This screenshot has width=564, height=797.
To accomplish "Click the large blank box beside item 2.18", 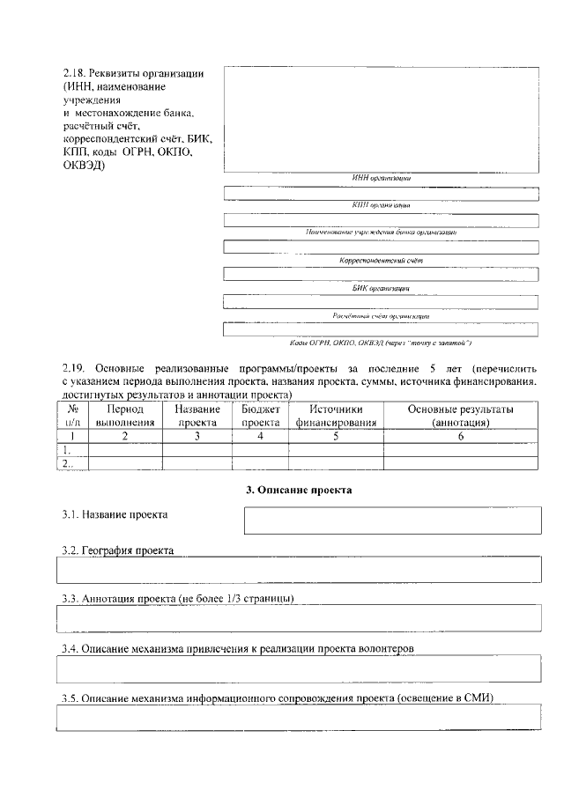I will (x=381, y=119).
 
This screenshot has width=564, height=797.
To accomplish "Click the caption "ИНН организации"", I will (x=381, y=178).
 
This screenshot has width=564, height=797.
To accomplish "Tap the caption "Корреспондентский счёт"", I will (x=382, y=262).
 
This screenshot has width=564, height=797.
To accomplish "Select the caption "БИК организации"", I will (x=381, y=288).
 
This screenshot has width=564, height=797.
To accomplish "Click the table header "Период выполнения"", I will (x=124, y=416).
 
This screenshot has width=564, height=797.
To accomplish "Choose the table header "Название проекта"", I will (x=197, y=416).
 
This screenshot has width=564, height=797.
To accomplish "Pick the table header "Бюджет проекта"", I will (x=260, y=416).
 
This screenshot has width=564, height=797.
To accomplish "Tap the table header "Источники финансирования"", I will (x=336, y=416).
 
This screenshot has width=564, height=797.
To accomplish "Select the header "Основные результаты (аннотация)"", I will (x=461, y=416).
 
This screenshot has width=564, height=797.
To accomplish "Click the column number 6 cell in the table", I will (x=461, y=435).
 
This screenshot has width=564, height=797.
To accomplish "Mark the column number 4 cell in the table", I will (x=260, y=435).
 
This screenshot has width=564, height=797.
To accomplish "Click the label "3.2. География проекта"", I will (x=118, y=550).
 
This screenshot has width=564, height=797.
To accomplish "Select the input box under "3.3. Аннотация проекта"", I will (x=299, y=618).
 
